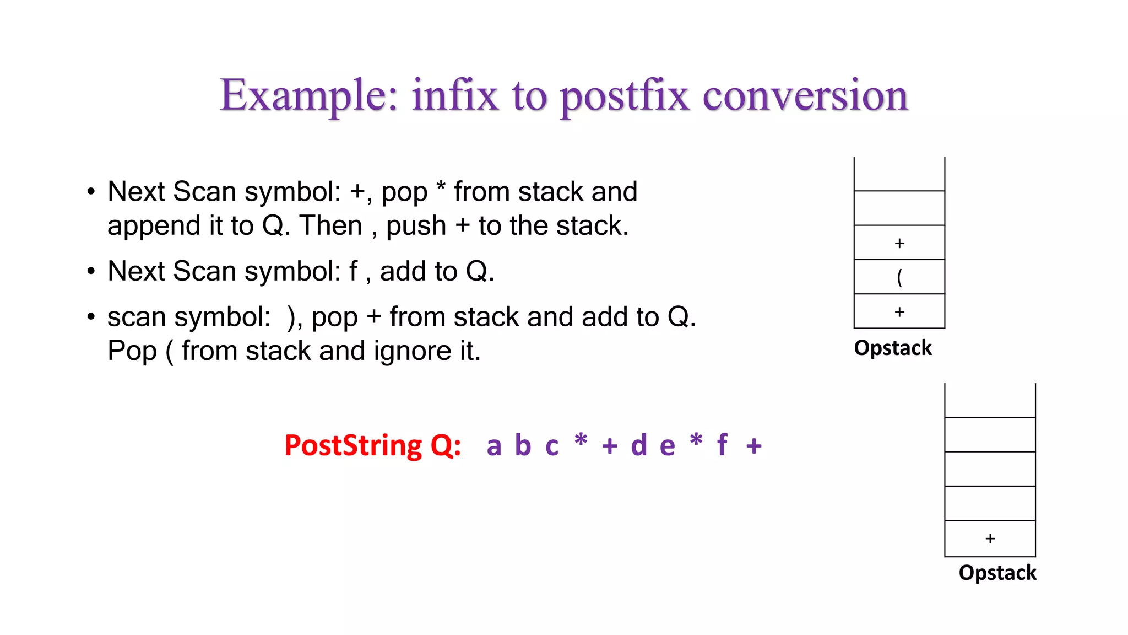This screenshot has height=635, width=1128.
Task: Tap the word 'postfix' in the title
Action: coord(625,97)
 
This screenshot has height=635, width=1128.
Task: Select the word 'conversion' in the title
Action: coord(805,96)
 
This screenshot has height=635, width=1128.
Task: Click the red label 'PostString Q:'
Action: coord(372,445)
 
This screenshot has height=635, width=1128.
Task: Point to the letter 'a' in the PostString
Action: coord(494,446)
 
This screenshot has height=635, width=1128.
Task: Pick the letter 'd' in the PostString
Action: coord(639,445)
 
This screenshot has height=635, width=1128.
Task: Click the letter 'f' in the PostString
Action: coord(723,444)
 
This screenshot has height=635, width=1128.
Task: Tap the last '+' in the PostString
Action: coord(754,446)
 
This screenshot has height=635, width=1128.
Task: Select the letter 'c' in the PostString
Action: coord(552,446)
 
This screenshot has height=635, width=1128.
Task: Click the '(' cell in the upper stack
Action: coord(899,277)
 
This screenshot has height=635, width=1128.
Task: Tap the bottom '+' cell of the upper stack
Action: coord(899,311)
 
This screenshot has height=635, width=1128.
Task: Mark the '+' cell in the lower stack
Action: coord(990,539)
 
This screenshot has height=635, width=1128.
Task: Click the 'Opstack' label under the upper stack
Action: coord(893,348)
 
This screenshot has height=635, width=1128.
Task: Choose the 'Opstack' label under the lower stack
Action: coord(997,573)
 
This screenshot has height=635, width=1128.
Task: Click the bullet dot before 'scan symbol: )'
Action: coord(91,316)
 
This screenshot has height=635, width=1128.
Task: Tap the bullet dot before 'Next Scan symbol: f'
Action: coord(91,271)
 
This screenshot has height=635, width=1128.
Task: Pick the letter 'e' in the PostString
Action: coord(667,446)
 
